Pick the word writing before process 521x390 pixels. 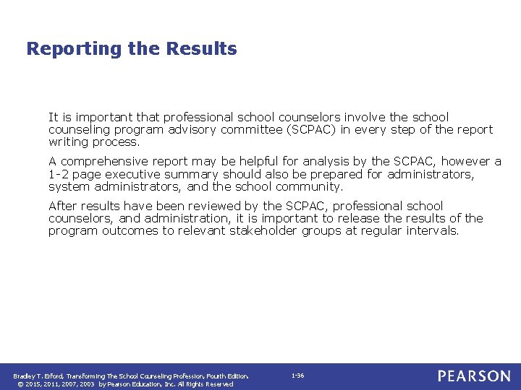coord(69,142)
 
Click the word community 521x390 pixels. coord(308,186)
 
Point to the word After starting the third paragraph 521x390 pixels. coord(63,206)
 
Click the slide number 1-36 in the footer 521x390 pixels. coord(297,376)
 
